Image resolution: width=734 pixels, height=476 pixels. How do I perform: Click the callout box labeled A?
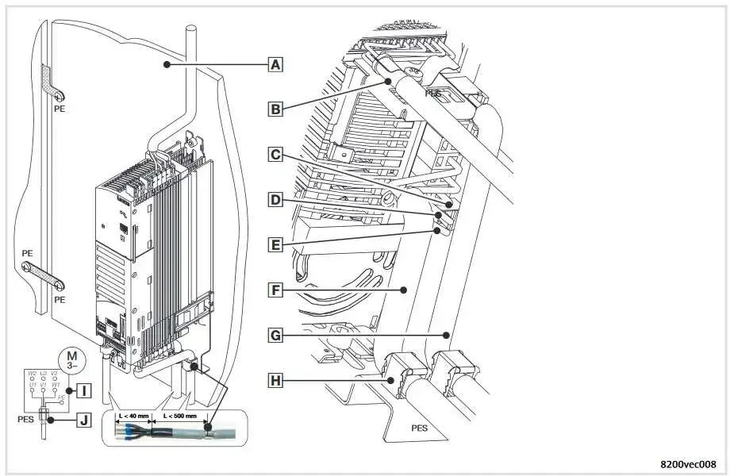(x=275, y=65)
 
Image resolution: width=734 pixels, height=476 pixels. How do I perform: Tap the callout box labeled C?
(x=275, y=155)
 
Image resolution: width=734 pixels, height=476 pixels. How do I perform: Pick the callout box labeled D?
(x=275, y=200)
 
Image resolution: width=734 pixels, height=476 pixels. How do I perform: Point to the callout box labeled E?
(x=275, y=245)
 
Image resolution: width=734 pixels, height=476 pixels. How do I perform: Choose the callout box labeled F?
(x=275, y=291)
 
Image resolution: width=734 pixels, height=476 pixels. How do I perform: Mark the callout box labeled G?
(x=275, y=336)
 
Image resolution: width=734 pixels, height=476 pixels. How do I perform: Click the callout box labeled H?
(x=275, y=381)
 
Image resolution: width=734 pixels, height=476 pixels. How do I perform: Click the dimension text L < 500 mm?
(x=179, y=416)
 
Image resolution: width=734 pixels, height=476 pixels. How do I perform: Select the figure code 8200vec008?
(x=688, y=464)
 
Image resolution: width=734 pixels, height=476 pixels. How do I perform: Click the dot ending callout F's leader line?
(x=404, y=291)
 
